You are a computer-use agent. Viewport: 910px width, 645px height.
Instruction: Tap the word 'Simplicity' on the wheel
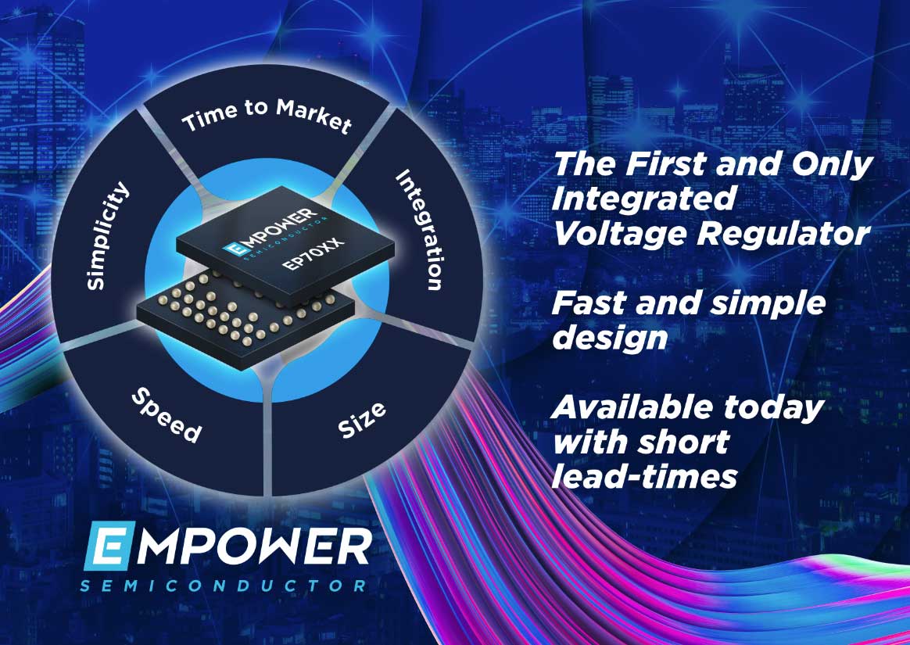107,235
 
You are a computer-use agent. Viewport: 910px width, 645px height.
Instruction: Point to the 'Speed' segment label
167,415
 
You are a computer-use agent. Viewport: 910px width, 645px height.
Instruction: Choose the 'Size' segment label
362,420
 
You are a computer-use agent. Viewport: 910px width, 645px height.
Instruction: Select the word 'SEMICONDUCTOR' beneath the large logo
224,586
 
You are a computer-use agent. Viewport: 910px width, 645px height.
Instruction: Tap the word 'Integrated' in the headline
643,200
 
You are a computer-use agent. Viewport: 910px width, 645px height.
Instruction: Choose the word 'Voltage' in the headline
619,235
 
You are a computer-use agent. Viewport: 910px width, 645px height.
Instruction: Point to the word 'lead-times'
644,476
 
